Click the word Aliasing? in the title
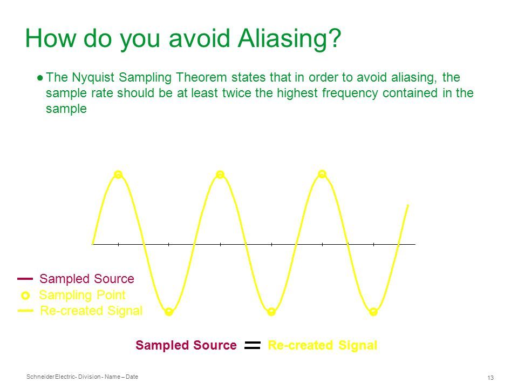tap(289, 39)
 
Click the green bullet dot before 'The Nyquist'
tap(40, 78)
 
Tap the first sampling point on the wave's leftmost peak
tap(118, 175)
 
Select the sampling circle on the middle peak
tap(220, 175)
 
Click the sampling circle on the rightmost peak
tap(322, 174)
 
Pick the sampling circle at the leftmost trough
tap(169, 312)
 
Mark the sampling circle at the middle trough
tap(271, 312)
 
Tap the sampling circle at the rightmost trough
tap(373, 312)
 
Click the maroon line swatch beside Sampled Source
tap(25, 279)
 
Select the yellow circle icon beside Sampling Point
tap(25, 296)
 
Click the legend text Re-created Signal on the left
tap(91, 311)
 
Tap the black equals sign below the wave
tap(253, 345)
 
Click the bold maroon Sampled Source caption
tap(186, 345)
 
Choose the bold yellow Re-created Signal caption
tap(323, 345)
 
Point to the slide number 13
tap(490, 378)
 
